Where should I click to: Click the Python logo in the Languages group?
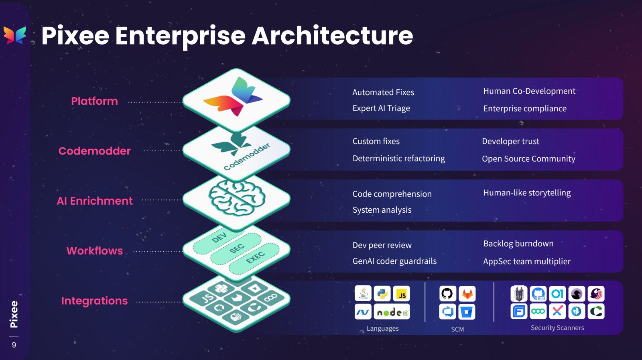382,294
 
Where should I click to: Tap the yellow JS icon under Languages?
401,294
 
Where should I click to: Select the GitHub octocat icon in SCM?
447,294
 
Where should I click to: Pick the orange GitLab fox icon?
467,294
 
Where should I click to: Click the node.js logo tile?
392,312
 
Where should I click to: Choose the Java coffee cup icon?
363,294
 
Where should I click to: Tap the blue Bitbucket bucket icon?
467,312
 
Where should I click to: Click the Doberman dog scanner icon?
519,294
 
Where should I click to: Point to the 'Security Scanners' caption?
557,328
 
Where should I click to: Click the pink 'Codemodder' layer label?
95,151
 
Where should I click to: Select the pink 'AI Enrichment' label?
95,201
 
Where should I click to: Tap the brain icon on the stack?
237,197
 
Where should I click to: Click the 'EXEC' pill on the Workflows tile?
255,257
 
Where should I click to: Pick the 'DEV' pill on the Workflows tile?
219,238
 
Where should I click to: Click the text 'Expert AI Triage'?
381,108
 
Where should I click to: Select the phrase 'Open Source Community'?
528,159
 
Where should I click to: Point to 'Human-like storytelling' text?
527,193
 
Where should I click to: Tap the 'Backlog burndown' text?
518,244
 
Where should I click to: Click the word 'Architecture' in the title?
332,35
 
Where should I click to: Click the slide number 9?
14,345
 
